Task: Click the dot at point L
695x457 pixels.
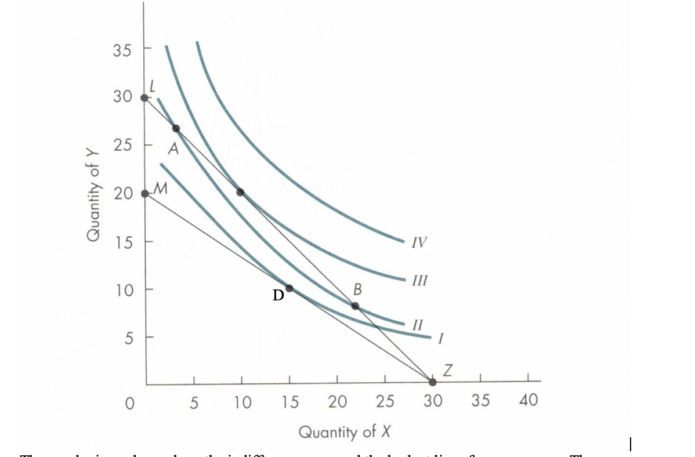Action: click(x=144, y=97)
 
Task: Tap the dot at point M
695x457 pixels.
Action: click(x=144, y=193)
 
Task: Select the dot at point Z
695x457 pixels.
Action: click(x=432, y=382)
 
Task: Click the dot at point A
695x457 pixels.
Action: click(x=176, y=128)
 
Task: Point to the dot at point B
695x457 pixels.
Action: click(x=355, y=306)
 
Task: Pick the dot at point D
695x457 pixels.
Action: click(x=289, y=288)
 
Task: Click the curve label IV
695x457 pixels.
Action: click(x=419, y=242)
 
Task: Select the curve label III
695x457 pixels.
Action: click(x=420, y=281)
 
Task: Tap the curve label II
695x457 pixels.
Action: click(x=417, y=323)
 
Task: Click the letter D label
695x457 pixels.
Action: click(x=278, y=296)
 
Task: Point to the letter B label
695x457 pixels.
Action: click(x=357, y=288)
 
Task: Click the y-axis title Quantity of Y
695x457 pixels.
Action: click(x=93, y=194)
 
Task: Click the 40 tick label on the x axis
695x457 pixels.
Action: click(x=529, y=400)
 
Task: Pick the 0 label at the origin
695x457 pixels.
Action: click(x=131, y=402)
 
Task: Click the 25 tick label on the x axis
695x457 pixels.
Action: click(x=385, y=400)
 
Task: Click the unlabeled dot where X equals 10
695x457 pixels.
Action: click(x=240, y=192)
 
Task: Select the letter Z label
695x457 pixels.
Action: click(x=446, y=369)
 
